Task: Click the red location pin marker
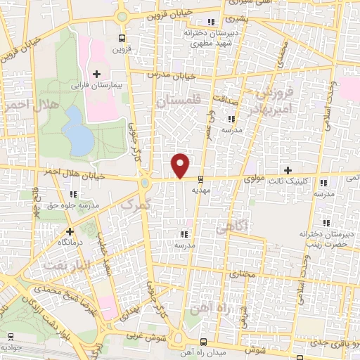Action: [181, 165]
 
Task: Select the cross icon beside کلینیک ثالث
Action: [288, 169]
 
